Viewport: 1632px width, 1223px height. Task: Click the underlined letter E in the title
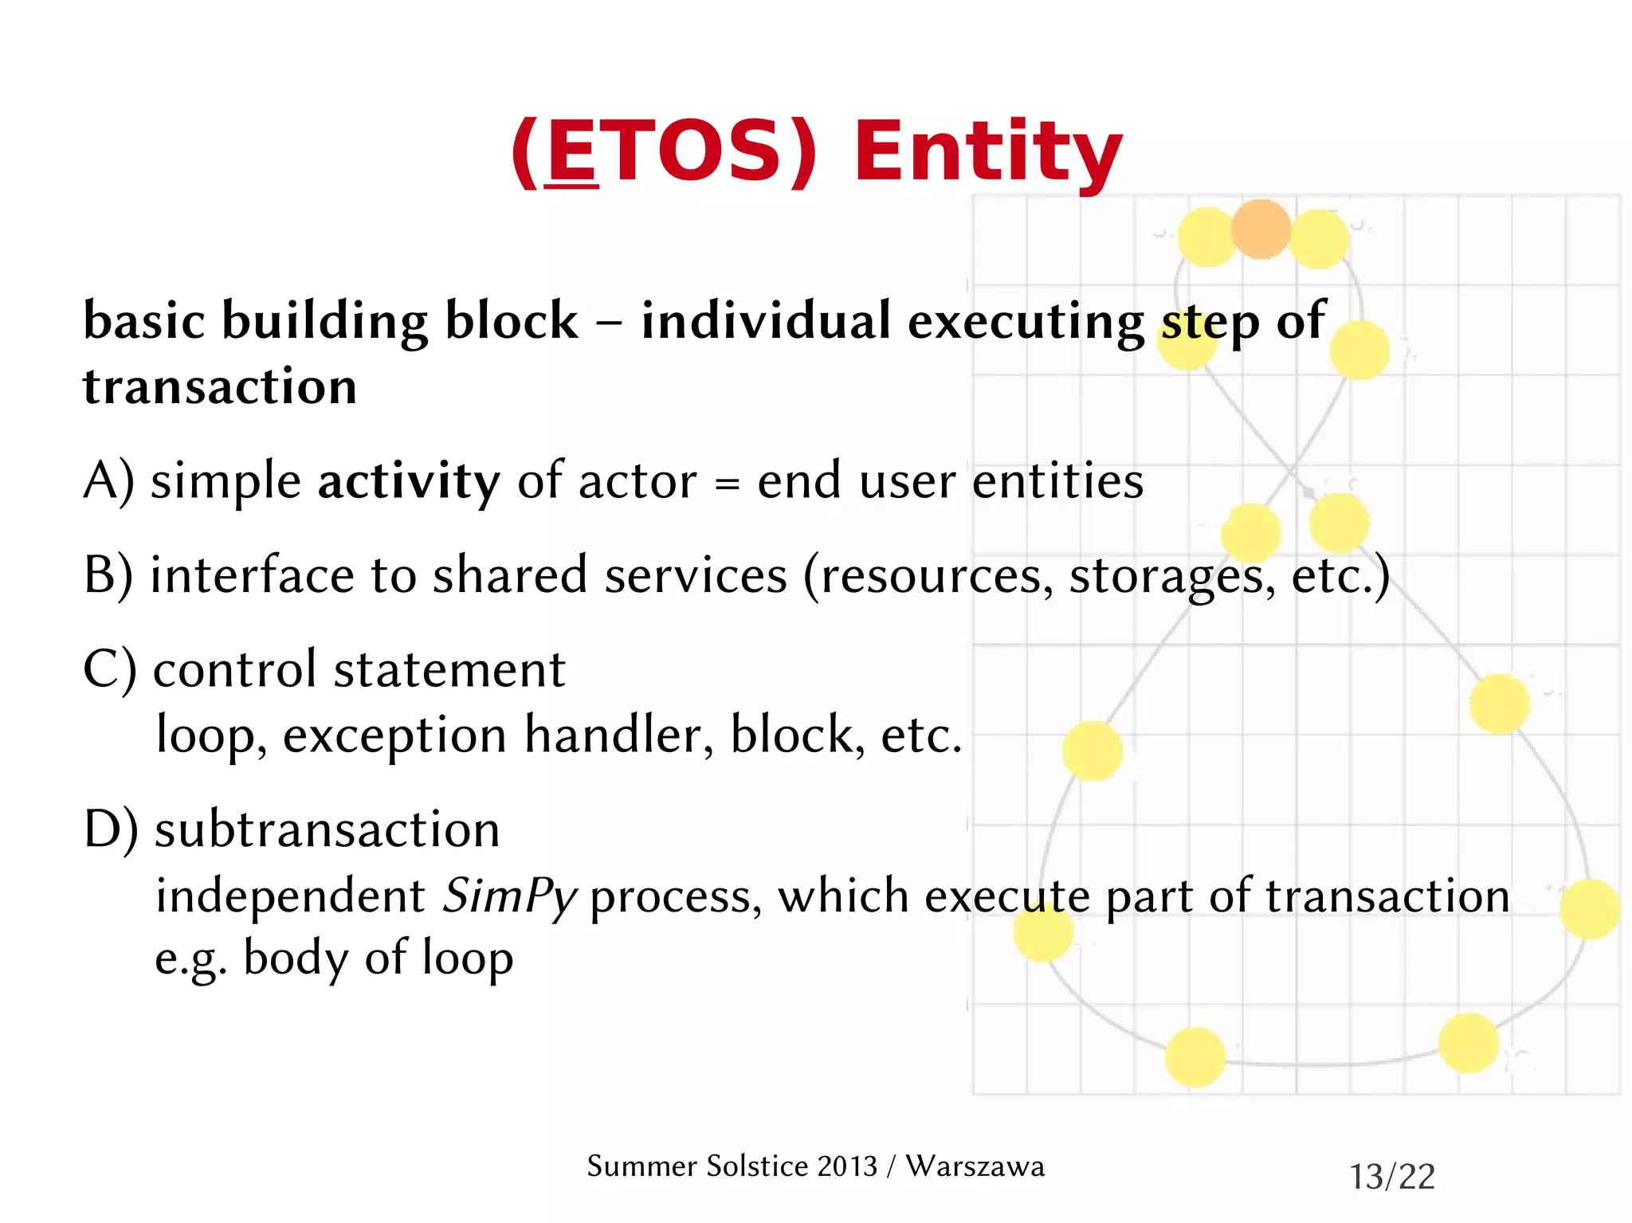571,151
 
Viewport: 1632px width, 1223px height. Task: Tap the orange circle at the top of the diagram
1261,229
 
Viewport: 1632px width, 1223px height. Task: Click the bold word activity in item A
409,482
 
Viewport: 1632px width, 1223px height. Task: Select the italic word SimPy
509,896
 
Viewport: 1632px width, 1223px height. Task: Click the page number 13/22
1391,1177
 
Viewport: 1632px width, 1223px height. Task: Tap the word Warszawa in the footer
975,1166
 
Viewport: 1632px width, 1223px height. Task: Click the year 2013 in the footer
847,1166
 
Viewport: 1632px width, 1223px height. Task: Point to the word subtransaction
328,829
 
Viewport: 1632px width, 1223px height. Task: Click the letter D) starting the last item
110,829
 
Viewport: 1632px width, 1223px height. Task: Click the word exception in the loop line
394,735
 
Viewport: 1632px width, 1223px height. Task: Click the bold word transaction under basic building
220,387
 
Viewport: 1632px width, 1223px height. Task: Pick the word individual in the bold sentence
765,321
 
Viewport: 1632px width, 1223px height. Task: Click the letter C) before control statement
110,669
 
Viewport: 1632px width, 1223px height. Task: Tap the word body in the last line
295,958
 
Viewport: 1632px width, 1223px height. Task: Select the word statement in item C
449,669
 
